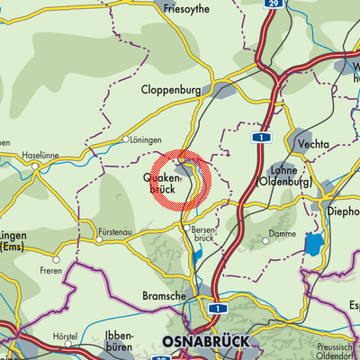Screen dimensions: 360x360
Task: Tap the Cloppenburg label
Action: click(x=169, y=90)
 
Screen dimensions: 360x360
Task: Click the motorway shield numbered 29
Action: click(x=272, y=4)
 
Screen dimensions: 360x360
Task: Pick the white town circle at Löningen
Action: click(x=126, y=140)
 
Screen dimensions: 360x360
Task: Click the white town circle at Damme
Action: click(x=267, y=241)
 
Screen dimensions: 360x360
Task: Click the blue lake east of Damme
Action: click(x=314, y=243)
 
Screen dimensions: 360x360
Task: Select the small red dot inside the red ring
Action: click(x=182, y=180)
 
